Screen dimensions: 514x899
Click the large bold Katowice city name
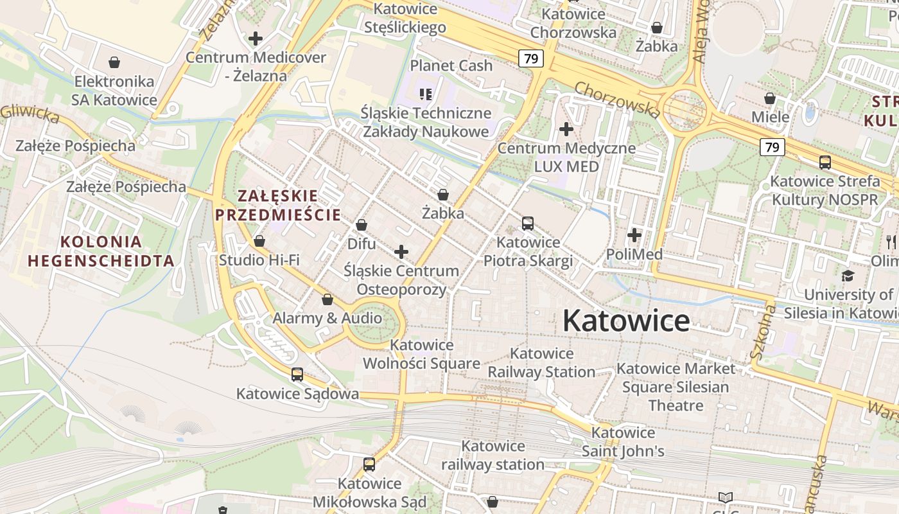tap(626, 321)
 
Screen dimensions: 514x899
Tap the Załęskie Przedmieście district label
tap(277, 205)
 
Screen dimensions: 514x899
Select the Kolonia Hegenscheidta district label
tap(101, 251)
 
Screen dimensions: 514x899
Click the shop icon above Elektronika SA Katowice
tap(114, 62)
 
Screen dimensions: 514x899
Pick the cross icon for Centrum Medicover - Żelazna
tap(256, 39)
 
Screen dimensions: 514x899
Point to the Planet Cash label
tap(451, 66)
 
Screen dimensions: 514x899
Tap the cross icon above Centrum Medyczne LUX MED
tap(566, 129)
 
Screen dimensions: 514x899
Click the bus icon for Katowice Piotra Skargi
tap(528, 224)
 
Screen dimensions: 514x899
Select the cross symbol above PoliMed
tap(634, 235)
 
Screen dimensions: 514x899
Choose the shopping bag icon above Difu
tap(362, 225)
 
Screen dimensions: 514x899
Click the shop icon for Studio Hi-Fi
tap(259, 241)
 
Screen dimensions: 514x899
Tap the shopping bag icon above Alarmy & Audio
tap(327, 299)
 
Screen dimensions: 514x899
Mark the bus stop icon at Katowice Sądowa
tap(297, 375)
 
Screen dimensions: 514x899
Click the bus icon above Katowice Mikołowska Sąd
tap(369, 465)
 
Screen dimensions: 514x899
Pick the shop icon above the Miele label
tap(770, 98)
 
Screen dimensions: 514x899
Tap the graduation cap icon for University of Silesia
tap(848, 276)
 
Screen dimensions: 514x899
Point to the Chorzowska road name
tap(616, 100)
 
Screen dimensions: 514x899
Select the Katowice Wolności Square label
tap(421, 354)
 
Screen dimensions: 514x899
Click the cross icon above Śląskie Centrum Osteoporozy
tap(401, 252)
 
